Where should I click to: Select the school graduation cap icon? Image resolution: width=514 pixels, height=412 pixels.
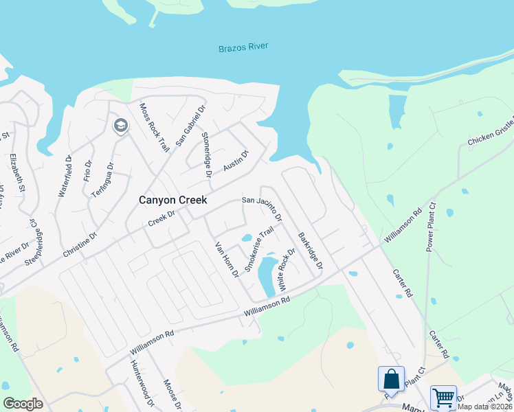(121, 126)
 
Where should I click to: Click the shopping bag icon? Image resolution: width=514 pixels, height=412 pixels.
(390, 378)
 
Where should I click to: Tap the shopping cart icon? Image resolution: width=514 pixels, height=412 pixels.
(443, 397)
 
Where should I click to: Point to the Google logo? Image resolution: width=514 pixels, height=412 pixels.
(23, 404)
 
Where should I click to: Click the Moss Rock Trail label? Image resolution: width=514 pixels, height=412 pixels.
(154, 128)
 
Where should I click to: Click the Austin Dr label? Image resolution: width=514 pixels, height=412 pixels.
(235, 161)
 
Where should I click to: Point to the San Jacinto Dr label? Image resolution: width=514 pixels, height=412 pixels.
(261, 207)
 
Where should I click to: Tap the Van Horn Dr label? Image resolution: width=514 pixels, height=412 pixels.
(226, 260)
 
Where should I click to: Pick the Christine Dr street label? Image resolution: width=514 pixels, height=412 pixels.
(80, 243)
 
